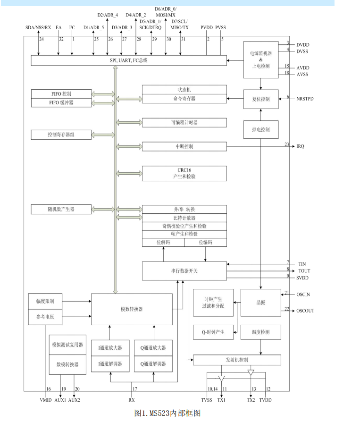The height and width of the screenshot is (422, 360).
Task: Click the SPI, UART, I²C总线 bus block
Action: click(x=128, y=60)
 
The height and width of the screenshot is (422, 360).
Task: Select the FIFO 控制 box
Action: click(x=61, y=93)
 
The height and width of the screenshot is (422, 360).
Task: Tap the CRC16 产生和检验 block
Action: click(x=184, y=173)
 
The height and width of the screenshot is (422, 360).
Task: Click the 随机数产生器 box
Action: click(x=61, y=209)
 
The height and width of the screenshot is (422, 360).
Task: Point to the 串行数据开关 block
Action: click(x=184, y=270)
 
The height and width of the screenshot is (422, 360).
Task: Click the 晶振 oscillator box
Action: click(x=260, y=303)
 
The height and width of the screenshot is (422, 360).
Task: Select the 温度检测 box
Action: click(x=260, y=332)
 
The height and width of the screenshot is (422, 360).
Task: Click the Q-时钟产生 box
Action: click(x=213, y=332)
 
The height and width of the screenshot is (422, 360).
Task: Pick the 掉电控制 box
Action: click(x=260, y=129)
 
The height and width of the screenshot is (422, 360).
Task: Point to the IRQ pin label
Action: click(x=301, y=146)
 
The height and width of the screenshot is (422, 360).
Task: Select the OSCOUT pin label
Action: click(x=305, y=311)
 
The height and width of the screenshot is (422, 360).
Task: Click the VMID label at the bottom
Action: click(x=45, y=399)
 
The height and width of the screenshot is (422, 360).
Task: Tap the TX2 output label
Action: click(x=251, y=399)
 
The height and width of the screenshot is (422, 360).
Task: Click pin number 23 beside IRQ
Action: click(x=287, y=144)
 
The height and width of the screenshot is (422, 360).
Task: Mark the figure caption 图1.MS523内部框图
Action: click(x=167, y=413)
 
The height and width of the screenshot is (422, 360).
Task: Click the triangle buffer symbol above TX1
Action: click(x=222, y=378)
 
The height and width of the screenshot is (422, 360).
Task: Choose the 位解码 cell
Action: click(x=163, y=242)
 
